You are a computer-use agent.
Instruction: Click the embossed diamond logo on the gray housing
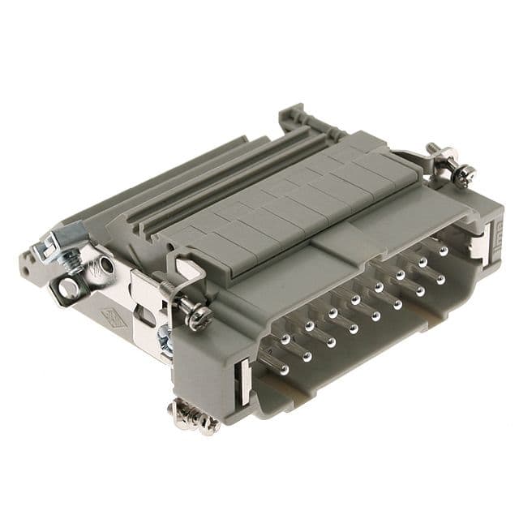pos(111,318)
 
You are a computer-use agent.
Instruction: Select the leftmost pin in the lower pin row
pos(282,370)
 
